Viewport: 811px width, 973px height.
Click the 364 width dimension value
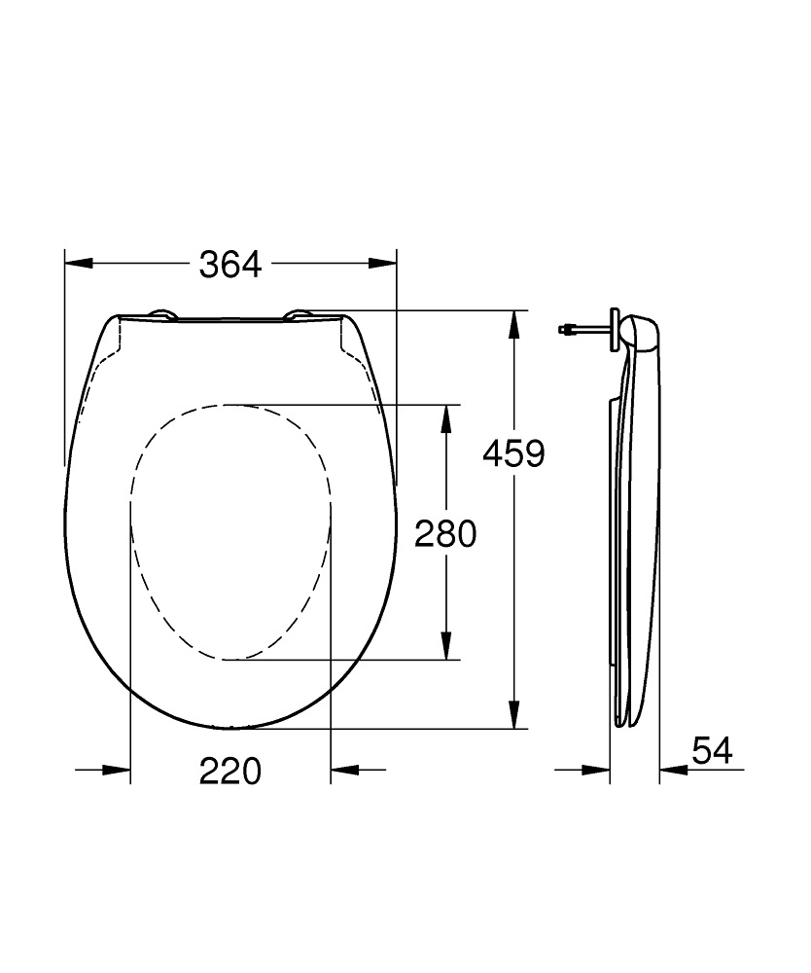click(230, 264)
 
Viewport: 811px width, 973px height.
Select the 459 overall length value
click(514, 452)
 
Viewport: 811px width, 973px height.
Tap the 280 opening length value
click(445, 532)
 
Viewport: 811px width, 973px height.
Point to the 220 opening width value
click(230, 772)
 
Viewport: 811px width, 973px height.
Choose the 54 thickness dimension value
click(712, 750)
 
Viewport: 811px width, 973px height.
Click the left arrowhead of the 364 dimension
click(78, 264)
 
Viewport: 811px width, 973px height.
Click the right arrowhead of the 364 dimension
click(383, 264)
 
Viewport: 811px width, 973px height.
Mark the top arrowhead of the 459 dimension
click(514, 323)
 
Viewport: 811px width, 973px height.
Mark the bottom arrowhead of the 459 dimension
click(514, 714)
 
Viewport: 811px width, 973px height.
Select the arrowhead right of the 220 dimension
click(344, 770)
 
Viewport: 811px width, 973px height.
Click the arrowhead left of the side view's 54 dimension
click(596, 770)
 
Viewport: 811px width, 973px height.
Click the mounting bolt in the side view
click(583, 330)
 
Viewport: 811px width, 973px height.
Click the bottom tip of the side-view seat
click(627, 721)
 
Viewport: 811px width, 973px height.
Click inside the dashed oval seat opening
click(230, 530)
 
